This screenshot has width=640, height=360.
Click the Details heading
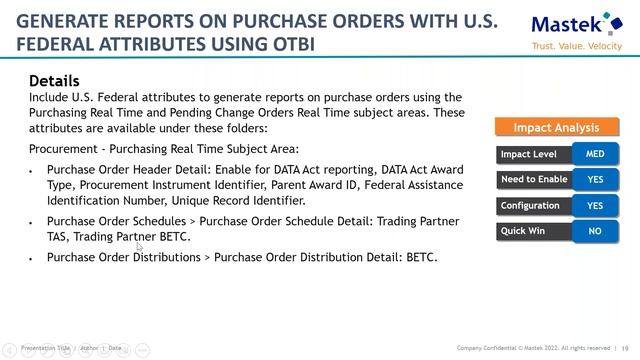click(54, 81)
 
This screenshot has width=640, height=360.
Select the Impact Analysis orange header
click(556, 127)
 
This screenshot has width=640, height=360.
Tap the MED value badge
click(595, 154)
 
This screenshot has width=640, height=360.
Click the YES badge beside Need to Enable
click(595, 180)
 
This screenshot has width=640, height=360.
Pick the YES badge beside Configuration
click(595, 206)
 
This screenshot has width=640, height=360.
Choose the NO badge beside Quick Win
click(595, 231)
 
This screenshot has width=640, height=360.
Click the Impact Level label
click(529, 154)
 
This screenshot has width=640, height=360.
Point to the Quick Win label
click(524, 231)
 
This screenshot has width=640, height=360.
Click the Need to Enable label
click(533, 180)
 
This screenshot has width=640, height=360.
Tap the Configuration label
click(530, 206)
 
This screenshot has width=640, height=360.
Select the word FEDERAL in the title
click(55, 45)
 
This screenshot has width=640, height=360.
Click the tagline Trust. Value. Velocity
click(576, 47)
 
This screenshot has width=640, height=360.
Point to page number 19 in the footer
click(625, 348)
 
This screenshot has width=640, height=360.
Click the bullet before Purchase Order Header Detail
click(32, 172)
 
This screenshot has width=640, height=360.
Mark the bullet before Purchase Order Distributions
click(32, 258)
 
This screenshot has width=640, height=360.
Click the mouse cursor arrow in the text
click(140, 245)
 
